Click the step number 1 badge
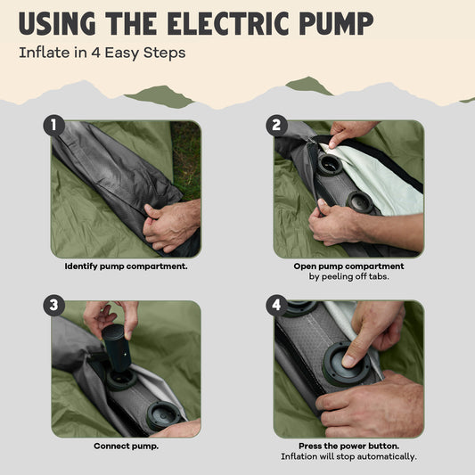click(54, 125)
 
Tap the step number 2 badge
click(276, 125)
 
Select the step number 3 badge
click(54, 306)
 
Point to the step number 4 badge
click(276, 306)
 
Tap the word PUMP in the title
click(336, 24)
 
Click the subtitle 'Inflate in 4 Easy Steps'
click(102, 53)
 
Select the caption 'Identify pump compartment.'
click(126, 266)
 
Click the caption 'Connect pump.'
click(126, 446)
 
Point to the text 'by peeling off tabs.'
click(348, 276)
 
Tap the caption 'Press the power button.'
click(348, 446)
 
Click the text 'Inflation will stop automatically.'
click(348, 456)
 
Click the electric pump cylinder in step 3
click(117, 348)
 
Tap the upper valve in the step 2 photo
click(330, 166)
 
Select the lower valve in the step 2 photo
click(359, 201)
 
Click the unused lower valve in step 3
click(163, 415)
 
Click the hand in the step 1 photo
click(171, 225)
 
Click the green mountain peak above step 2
click(308, 86)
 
